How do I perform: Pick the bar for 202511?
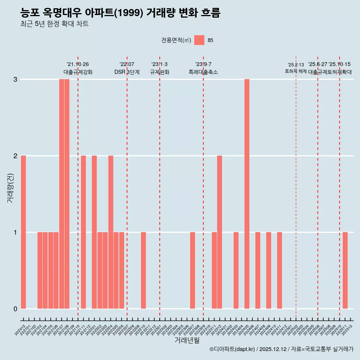pyautogui.click(x=345, y=270)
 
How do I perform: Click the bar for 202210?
pyautogui.click(x=143, y=270)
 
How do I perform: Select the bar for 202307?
pyautogui.click(x=192, y=270)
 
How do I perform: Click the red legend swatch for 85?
pyautogui.click(x=199, y=40)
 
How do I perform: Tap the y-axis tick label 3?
pyautogui.click(x=15, y=79)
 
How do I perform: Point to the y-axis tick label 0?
pyautogui.click(x=15, y=309)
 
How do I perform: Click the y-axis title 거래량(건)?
pyautogui.click(x=10, y=187)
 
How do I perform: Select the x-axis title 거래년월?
pyautogui.click(x=187, y=340)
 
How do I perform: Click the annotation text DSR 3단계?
pyautogui.click(x=127, y=72)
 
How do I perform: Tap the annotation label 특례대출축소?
pyautogui.click(x=203, y=72)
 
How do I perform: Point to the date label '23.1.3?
pyautogui.click(x=159, y=64)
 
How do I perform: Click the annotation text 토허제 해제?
pyautogui.click(x=296, y=71)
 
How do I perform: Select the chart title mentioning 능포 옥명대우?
pyautogui.click(x=120, y=13)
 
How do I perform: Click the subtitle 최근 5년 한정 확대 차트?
pyautogui.click(x=54, y=24)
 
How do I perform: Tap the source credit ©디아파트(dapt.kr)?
pyautogui.click(x=232, y=349)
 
